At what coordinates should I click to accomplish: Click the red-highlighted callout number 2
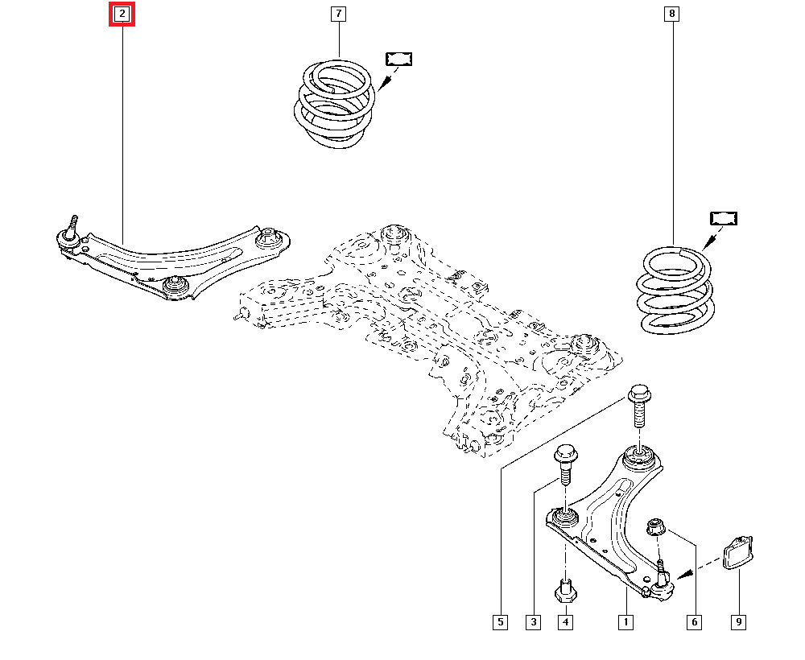coord(122,14)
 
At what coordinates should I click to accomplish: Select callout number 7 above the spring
coord(338,14)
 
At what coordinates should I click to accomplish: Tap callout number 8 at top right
coord(671,14)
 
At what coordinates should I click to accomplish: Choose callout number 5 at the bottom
coord(500,621)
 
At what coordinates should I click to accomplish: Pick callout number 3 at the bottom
coord(533,621)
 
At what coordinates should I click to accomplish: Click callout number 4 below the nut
coord(566,621)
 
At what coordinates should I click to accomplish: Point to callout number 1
coord(625,621)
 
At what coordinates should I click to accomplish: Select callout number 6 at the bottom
coord(694,621)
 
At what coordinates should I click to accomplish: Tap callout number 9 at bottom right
coord(738,621)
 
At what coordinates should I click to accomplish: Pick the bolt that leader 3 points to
coord(563,464)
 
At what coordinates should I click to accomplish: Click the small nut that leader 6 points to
coord(657,527)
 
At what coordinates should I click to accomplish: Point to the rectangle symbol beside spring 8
coord(724,218)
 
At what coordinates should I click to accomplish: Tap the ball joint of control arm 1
coord(662,587)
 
